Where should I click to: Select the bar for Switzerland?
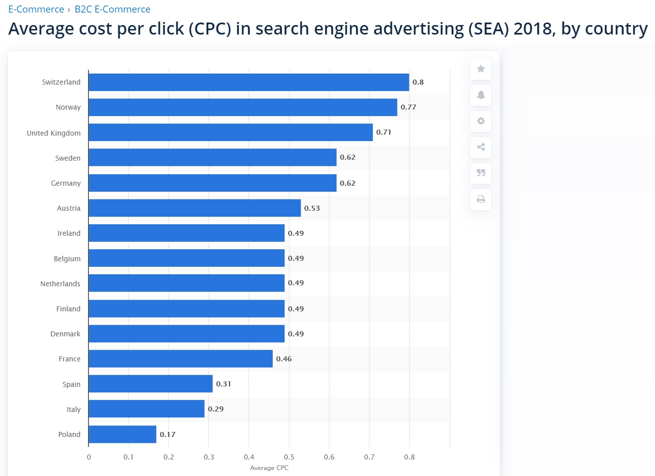tap(249, 82)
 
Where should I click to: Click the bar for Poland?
tap(123, 434)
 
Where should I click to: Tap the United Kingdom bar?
tap(231, 133)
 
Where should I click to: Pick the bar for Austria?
tap(195, 208)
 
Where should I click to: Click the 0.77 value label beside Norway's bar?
tap(408, 107)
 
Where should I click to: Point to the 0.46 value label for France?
tap(284, 359)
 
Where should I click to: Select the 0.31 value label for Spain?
tap(224, 384)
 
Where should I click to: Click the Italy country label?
tap(74, 409)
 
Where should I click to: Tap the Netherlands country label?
tap(60, 284)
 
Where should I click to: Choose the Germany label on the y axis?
tap(66, 183)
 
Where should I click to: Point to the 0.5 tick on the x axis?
tap(289, 457)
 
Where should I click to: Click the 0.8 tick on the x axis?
tap(409, 457)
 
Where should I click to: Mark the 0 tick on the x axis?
tap(89, 457)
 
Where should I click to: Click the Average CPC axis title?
tap(269, 468)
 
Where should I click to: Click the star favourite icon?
tap(481, 69)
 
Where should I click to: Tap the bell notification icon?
tap(481, 95)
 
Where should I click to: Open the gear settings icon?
tap(481, 121)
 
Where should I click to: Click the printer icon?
tap(481, 199)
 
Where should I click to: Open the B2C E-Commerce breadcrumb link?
tap(112, 10)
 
